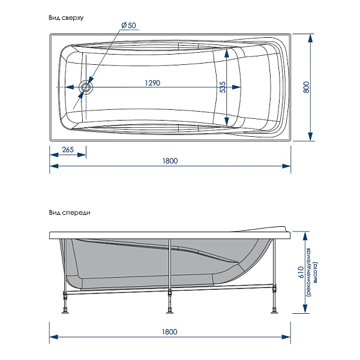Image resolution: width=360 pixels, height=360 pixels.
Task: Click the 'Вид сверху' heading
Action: pos(66,18)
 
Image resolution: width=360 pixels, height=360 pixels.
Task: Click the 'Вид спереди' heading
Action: pos(70,213)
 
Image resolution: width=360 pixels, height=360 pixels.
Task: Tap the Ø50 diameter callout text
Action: pos(129,25)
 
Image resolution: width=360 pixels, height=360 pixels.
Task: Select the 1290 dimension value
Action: pos(152,83)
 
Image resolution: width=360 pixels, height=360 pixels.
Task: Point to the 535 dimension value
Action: pos(222,87)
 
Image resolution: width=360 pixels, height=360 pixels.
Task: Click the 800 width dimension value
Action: pos(306,87)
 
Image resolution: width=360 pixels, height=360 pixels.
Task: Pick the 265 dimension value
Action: pos(68,149)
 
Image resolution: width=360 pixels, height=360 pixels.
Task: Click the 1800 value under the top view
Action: pos(170,161)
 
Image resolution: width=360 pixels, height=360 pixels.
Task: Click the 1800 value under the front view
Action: pos(169,332)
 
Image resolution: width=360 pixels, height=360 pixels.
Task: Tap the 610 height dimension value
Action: pos(301,272)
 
